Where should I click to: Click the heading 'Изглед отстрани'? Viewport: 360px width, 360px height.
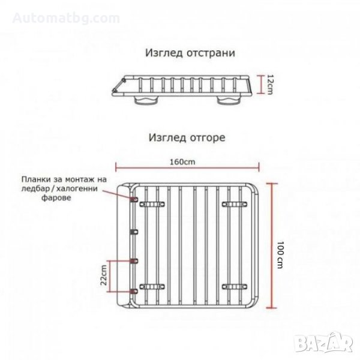coord(190,53)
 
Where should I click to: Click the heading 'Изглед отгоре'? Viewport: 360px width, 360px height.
coord(187,138)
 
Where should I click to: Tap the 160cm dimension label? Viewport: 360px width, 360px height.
coord(182,162)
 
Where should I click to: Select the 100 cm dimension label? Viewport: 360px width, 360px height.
coord(280,254)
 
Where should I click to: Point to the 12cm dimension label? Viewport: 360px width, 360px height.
coord(269,84)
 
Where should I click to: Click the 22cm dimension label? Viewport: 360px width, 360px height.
coord(104,275)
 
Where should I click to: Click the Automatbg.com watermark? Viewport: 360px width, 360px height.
coord(66,19)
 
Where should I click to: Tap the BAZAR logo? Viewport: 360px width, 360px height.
coord(324,342)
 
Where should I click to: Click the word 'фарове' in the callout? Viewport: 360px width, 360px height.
coord(56,197)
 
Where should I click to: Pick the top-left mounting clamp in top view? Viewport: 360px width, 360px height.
coord(152,204)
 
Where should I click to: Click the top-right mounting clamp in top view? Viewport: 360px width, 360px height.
coord(235,204)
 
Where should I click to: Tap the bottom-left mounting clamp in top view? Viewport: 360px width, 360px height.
coord(152,287)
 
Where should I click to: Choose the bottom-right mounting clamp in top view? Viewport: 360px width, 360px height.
coord(235,287)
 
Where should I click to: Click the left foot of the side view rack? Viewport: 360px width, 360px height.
coord(145,100)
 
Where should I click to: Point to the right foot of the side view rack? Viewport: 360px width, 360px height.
coord(229,100)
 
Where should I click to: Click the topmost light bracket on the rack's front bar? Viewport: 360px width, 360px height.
coord(134,199)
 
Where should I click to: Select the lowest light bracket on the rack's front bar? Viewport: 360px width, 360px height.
coord(134,292)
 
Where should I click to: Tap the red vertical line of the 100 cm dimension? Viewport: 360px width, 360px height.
coord(272,245)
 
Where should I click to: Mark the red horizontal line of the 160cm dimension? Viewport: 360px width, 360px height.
coord(187,167)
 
